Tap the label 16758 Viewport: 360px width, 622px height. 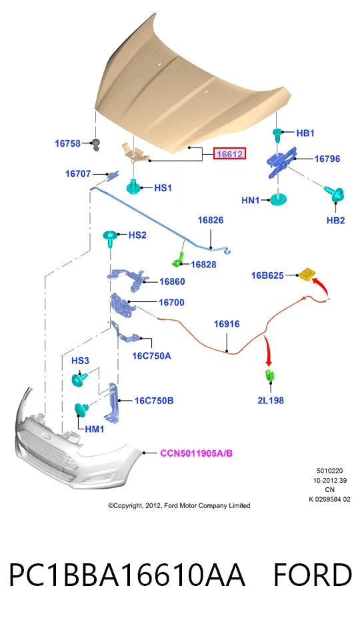pyautogui.click(x=67, y=143)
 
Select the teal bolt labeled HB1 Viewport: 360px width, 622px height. pyautogui.click(x=277, y=133)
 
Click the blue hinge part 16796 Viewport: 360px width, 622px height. pyautogui.click(x=282, y=163)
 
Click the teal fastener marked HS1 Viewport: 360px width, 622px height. pyautogui.click(x=135, y=187)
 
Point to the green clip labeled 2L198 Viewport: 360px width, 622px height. pyautogui.click(x=269, y=375)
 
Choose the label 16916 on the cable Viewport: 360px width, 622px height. pyautogui.click(x=227, y=324)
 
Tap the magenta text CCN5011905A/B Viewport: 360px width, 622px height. pyautogui.click(x=196, y=453)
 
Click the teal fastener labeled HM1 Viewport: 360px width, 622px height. pyautogui.click(x=81, y=409)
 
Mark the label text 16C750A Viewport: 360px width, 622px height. pyautogui.click(x=151, y=355)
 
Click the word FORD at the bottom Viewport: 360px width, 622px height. pyautogui.click(x=313, y=575)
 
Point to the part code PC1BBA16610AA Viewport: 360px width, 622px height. pyautogui.click(x=127, y=575)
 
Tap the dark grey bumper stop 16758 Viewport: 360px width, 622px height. pyautogui.click(x=95, y=145)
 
